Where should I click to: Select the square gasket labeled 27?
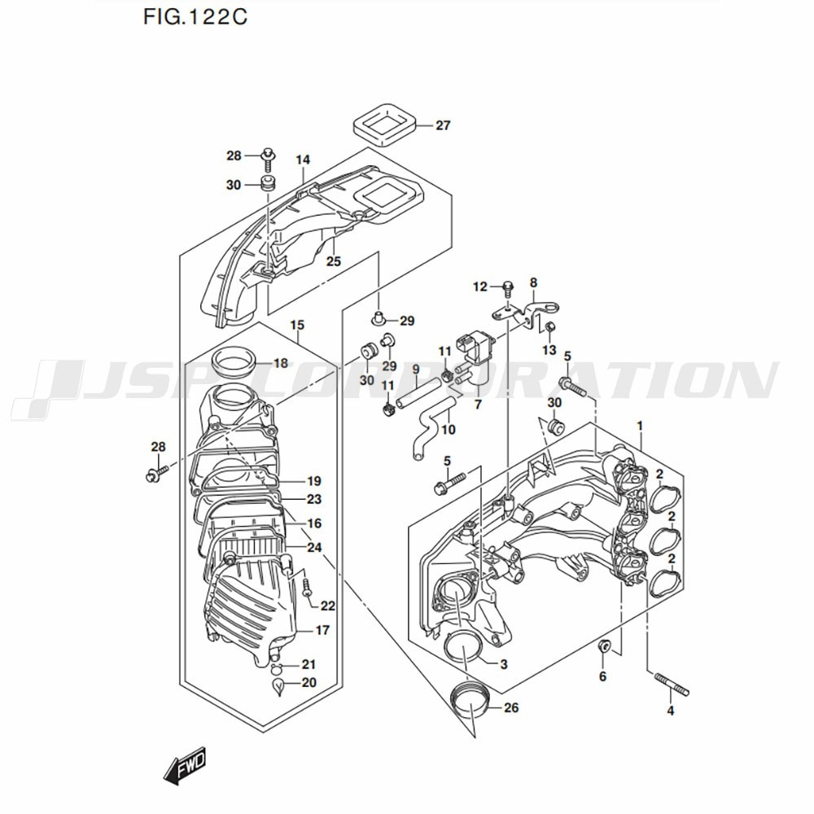click(x=385, y=124)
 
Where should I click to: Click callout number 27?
click(x=442, y=125)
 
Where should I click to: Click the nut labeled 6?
click(x=603, y=647)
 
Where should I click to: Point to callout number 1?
click(x=641, y=426)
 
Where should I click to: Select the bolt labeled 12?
click(x=508, y=287)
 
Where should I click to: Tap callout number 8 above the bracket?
click(x=533, y=283)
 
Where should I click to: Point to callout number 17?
click(x=322, y=630)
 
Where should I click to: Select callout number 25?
click(x=333, y=261)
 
